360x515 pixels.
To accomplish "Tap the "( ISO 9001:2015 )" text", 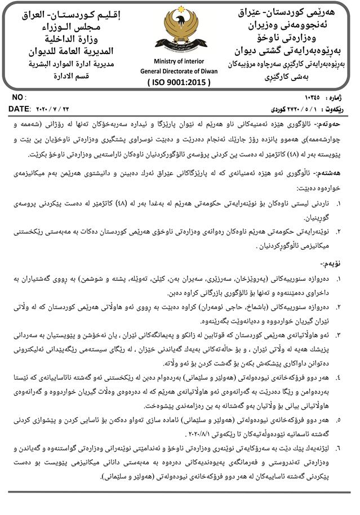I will click(178, 82).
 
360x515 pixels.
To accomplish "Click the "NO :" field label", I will click(19, 97).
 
